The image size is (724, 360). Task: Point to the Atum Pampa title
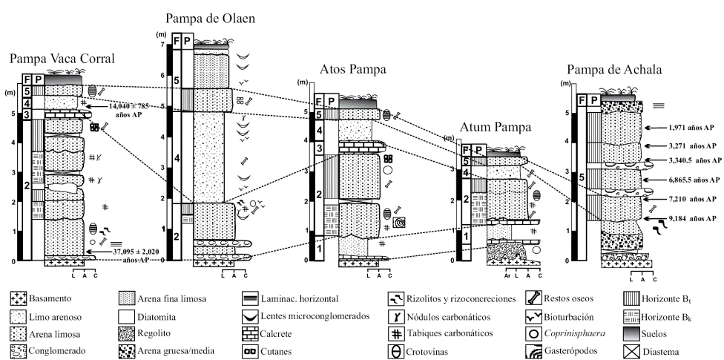tap(493, 127)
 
